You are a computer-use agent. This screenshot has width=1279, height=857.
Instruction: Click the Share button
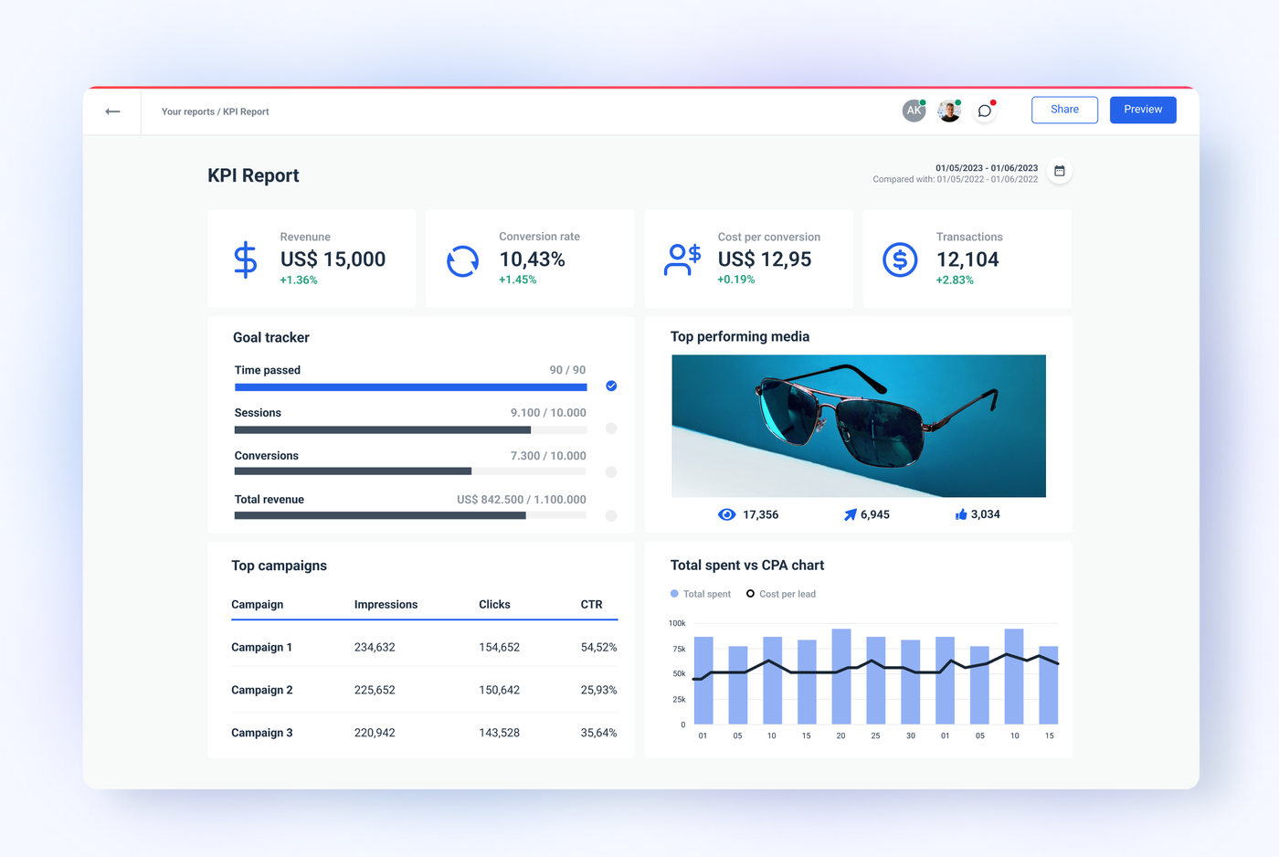tap(1064, 110)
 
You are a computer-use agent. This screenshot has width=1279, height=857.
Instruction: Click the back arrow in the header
tap(112, 111)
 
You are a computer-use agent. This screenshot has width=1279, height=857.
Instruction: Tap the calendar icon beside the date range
tap(1059, 171)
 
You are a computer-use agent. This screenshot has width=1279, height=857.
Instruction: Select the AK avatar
tap(914, 111)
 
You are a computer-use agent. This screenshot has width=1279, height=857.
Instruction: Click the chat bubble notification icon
tap(984, 111)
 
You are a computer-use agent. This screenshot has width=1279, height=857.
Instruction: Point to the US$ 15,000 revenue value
tap(333, 259)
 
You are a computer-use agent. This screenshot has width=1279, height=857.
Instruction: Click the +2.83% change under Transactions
tap(955, 280)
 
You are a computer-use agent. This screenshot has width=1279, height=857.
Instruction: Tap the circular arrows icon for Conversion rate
tap(462, 261)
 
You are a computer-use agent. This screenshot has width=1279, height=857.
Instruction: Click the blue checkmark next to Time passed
tap(611, 386)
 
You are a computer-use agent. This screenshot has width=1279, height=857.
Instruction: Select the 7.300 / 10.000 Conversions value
tap(548, 456)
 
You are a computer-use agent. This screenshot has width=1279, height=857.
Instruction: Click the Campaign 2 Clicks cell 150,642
tap(499, 690)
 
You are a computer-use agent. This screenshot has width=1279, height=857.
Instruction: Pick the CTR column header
tap(591, 605)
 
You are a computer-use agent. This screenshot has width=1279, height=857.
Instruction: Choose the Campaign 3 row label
tap(261, 733)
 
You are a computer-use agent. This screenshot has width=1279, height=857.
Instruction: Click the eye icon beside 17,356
tap(726, 514)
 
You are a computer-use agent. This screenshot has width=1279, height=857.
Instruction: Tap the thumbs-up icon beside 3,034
tap(961, 514)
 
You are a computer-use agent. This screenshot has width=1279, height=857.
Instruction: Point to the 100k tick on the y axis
tap(677, 623)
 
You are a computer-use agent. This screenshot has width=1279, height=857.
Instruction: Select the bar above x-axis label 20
tap(840, 676)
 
